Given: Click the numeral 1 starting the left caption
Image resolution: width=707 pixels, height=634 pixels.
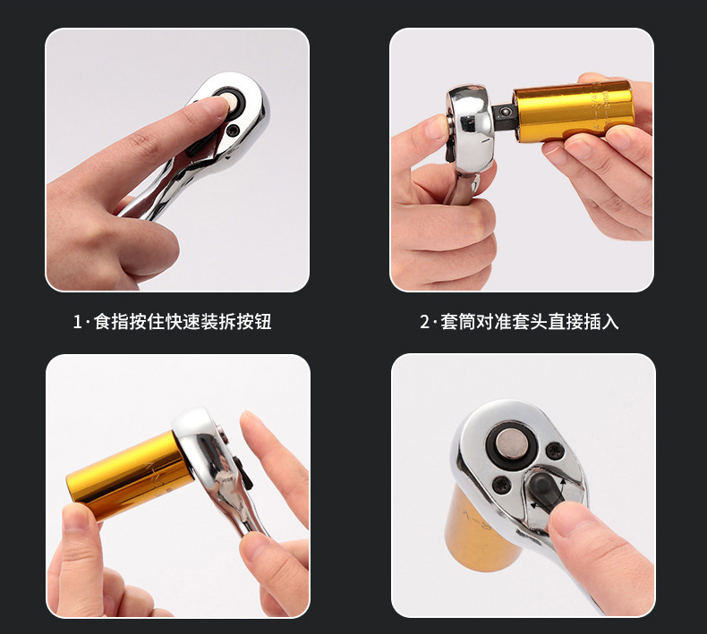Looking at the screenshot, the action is click(77, 322).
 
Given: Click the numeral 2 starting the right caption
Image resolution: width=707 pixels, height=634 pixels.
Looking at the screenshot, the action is click(424, 322).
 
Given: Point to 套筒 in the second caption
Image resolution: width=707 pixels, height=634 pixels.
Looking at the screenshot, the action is click(457, 322).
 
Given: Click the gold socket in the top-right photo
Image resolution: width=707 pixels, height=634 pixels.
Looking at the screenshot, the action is click(573, 110).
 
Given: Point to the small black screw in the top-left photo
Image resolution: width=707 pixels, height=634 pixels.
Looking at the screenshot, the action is click(233, 131).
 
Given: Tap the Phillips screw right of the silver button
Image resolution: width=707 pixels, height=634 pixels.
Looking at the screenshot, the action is click(554, 451).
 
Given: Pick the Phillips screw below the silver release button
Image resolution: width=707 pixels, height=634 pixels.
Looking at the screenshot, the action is click(501, 486).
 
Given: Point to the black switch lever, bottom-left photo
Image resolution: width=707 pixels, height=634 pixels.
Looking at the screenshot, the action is click(245, 472).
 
